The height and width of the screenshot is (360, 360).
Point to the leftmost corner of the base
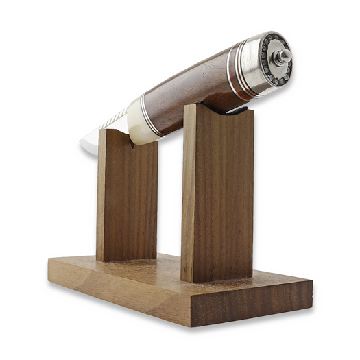(x=49, y=259)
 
